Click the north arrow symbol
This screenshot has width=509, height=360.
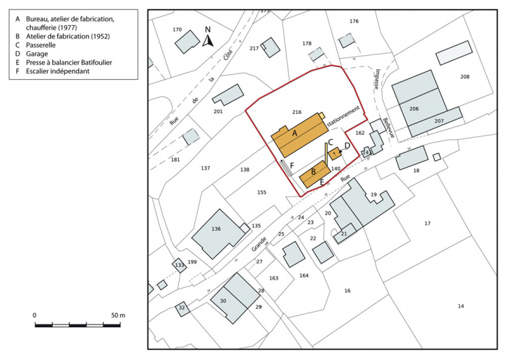point(208,40)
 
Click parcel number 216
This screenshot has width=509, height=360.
point(296,112)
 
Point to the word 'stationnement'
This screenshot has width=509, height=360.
point(345,116)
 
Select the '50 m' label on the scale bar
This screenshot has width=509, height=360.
point(117,316)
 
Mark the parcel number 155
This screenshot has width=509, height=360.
point(261,192)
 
